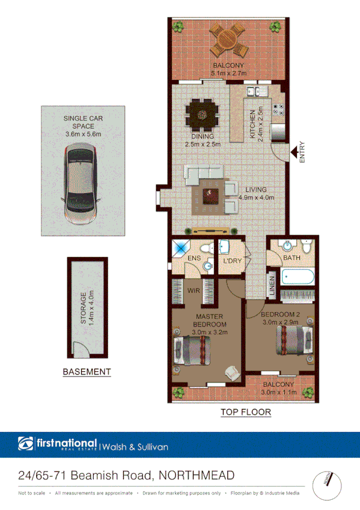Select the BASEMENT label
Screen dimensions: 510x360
[x=87, y=372]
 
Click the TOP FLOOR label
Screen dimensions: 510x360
[x=245, y=412]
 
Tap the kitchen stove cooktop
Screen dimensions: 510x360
[x=279, y=108]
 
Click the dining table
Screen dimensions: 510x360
[x=203, y=111]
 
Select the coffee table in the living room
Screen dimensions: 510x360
[x=211, y=193]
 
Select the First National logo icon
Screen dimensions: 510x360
[x=26, y=444]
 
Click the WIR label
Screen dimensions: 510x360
[x=193, y=290]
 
